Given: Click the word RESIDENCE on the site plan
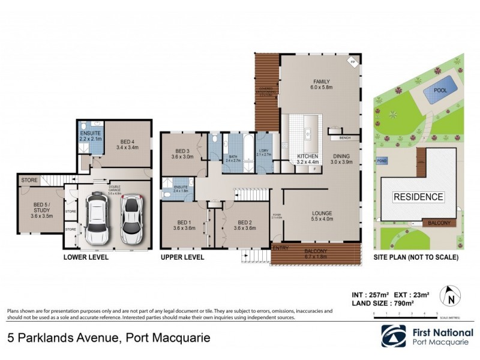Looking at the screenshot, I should (x=418, y=197).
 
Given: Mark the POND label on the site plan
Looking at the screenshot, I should (x=382, y=161).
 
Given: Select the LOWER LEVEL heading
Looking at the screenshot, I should (x=86, y=257).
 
